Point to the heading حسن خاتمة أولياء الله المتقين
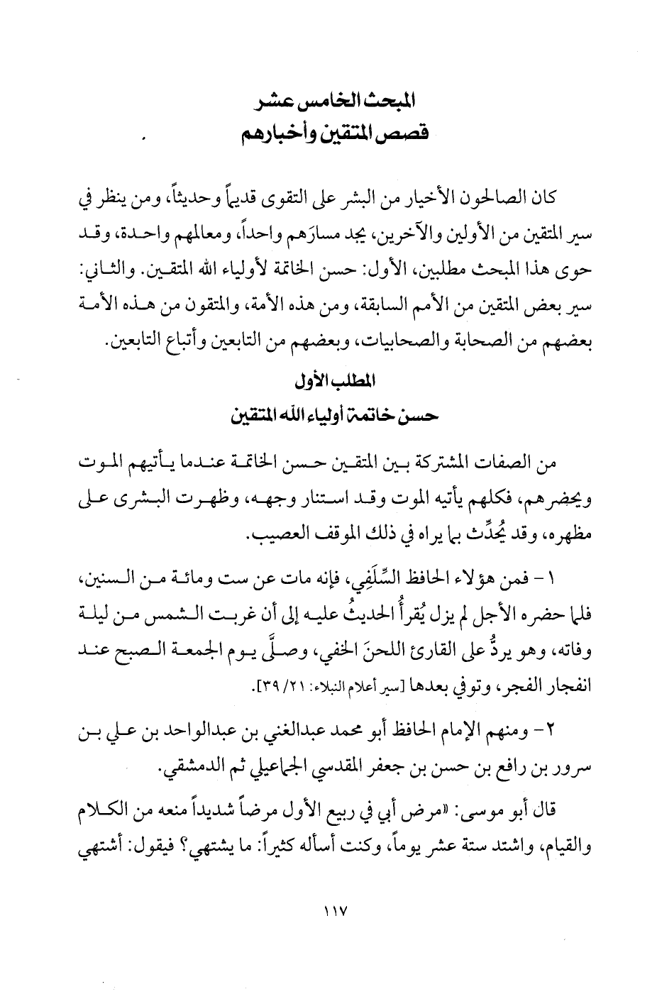334,414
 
